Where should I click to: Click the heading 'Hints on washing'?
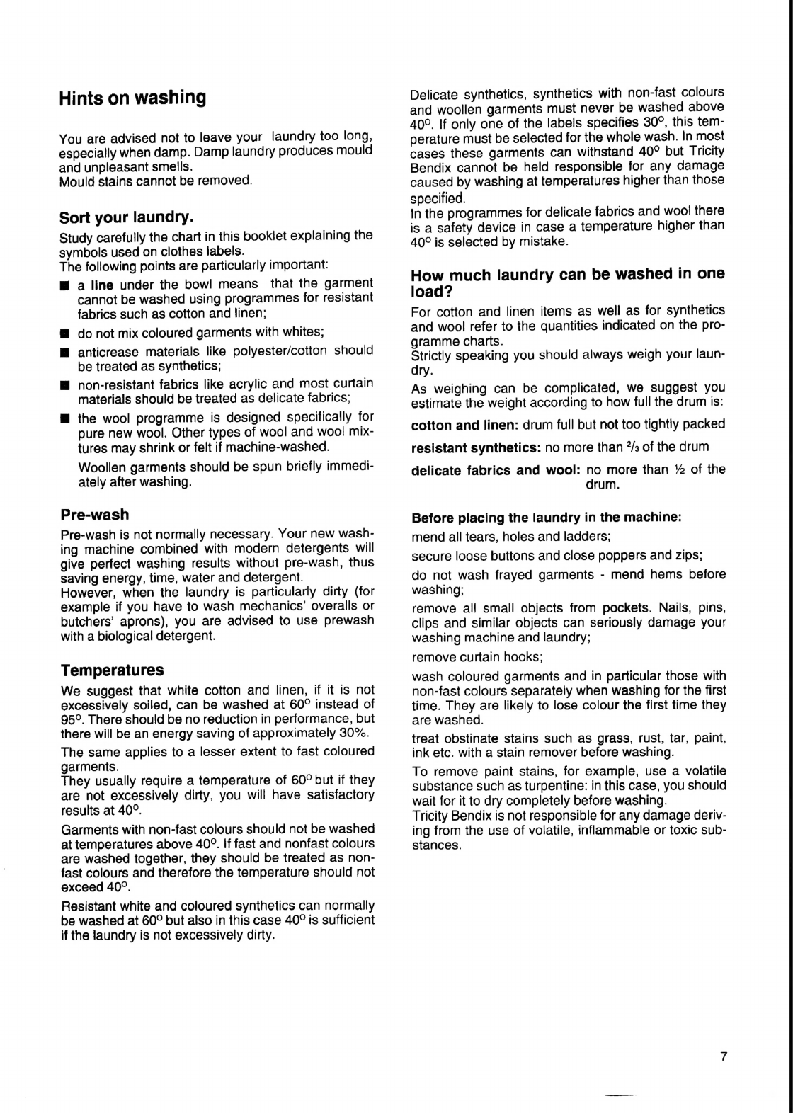[x=132, y=98]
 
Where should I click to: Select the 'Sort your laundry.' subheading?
[x=127, y=216]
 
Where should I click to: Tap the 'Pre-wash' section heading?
[x=95, y=514]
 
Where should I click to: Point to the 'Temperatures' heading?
[x=112, y=670]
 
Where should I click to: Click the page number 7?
[x=723, y=1056]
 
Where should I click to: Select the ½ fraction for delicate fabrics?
[x=678, y=469]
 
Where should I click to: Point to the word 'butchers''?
[x=85, y=622]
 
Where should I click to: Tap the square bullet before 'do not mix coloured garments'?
[x=64, y=333]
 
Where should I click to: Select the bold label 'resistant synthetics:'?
[x=476, y=447]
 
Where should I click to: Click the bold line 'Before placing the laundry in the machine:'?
[x=546, y=518]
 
